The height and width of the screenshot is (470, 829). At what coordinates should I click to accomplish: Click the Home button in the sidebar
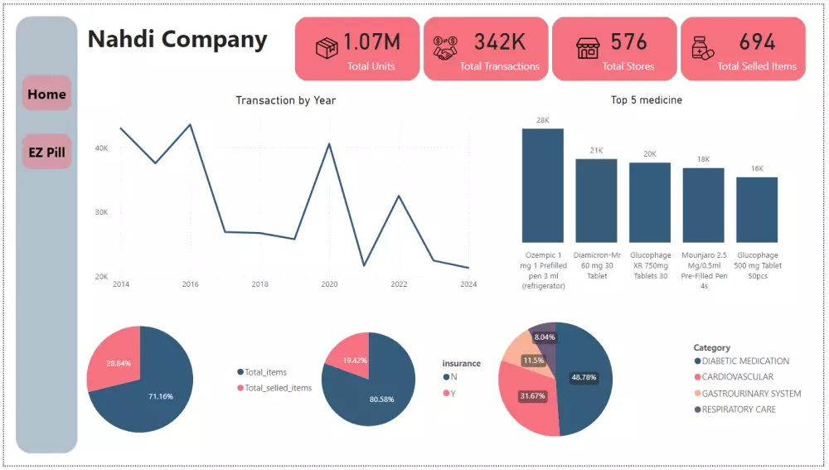click(46, 94)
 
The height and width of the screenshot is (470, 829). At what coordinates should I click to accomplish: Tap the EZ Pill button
click(46, 152)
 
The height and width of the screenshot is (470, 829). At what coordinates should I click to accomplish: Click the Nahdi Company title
click(177, 40)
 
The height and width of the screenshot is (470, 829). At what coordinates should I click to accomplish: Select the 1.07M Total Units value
click(371, 42)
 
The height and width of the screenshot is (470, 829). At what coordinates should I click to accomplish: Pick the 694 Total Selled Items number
click(757, 42)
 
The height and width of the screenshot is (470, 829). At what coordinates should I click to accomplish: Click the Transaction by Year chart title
click(285, 100)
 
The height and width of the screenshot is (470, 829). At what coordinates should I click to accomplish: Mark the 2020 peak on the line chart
click(329, 144)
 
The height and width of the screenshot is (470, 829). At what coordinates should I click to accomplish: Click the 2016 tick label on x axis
click(191, 284)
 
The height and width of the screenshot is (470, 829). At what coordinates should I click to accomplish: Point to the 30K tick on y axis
click(101, 212)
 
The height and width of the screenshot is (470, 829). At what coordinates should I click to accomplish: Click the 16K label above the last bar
click(757, 168)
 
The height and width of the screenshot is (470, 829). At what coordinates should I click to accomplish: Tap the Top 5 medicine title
click(646, 100)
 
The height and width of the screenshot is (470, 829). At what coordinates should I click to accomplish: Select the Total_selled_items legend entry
click(278, 388)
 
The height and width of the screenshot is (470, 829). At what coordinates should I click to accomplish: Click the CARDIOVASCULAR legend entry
click(737, 377)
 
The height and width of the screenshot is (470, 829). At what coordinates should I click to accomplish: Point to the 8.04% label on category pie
click(545, 337)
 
